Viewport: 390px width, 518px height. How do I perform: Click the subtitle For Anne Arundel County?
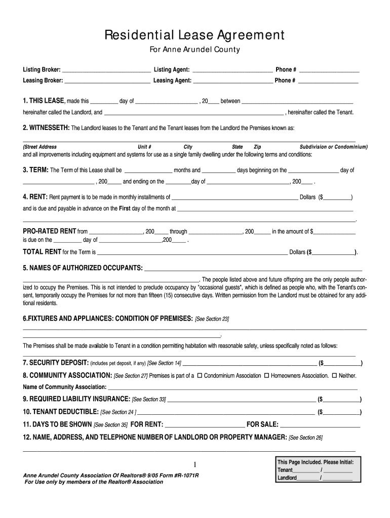(194, 50)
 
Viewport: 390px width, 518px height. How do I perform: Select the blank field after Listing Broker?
(106, 70)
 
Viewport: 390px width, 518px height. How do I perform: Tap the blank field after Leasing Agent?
(233, 81)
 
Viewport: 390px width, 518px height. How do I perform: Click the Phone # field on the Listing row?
(329, 70)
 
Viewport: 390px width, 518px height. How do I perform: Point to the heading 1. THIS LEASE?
(43, 101)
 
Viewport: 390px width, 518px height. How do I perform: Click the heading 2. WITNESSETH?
(46, 128)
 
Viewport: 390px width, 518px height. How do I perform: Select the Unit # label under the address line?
(145, 147)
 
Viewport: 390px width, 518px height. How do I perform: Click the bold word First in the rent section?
(125, 208)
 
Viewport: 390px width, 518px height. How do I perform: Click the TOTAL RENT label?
(42, 252)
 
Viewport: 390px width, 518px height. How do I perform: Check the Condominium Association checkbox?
(200, 376)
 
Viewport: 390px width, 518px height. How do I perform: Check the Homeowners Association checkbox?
(266, 376)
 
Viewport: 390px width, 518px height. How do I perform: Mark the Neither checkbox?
(334, 376)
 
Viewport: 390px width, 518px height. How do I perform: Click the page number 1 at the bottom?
(194, 465)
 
